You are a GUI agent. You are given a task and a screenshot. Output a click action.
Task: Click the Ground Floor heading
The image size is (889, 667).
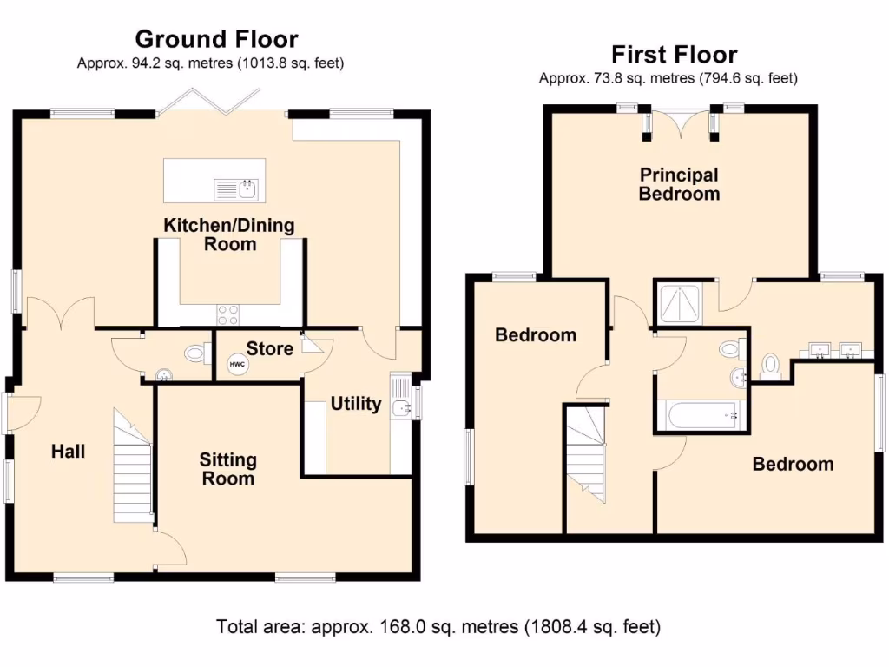pos(216,39)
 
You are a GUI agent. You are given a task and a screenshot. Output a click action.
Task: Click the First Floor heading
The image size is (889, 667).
pos(674,55)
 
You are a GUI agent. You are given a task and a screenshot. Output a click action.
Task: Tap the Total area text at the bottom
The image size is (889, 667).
pos(438,625)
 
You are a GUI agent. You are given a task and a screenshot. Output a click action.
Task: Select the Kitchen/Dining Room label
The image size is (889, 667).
pos(229,234)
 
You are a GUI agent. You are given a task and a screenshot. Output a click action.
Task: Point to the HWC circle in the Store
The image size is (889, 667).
pos(237,366)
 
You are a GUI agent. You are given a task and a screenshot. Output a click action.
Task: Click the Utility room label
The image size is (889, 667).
pos(356,404)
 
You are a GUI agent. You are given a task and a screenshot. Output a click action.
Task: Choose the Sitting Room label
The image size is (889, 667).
pos(227,469)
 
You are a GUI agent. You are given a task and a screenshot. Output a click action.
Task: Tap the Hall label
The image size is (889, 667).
pos(68,452)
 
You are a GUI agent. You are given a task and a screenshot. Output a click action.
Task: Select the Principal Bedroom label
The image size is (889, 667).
pos(679,184)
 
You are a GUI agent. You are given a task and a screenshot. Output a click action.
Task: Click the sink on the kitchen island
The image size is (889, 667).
pos(237,188)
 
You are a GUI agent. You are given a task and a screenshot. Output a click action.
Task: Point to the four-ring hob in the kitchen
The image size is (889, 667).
pos(227,313)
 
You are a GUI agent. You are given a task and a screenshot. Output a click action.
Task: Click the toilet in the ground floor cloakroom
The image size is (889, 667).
pos(196,353)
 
